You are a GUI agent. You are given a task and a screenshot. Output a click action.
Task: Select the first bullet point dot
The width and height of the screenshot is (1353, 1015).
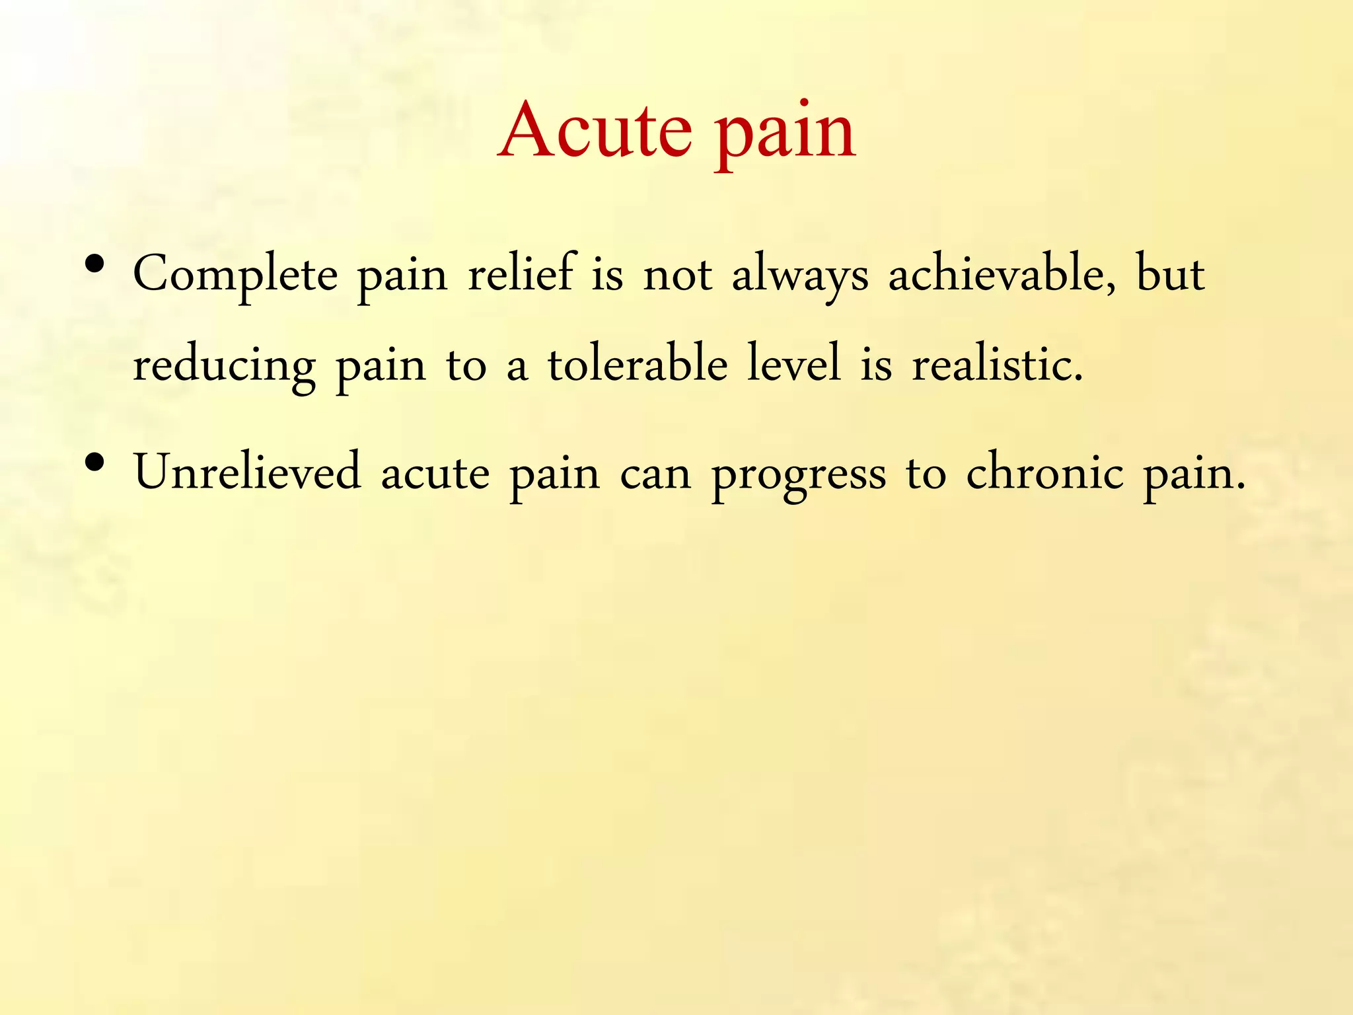point(95,265)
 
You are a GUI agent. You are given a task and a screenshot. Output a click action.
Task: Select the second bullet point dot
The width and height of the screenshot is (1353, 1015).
point(95,463)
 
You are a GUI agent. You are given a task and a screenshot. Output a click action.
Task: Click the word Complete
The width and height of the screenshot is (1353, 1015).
point(235,275)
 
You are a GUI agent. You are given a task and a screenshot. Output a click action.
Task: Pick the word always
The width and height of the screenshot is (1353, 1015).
point(800,275)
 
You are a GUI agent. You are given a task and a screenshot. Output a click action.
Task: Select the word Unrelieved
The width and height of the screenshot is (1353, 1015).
point(248,472)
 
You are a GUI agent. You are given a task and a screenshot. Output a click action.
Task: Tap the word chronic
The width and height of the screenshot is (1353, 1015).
point(1044,472)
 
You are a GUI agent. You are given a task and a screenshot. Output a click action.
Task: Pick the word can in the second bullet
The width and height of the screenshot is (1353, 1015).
point(655,474)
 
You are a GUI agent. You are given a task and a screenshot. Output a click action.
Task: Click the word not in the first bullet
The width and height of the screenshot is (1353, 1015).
point(677,274)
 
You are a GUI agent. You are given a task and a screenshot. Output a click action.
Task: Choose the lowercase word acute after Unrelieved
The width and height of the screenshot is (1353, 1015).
point(435,474)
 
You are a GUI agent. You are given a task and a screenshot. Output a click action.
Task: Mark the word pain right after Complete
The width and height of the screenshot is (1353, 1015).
point(402,276)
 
